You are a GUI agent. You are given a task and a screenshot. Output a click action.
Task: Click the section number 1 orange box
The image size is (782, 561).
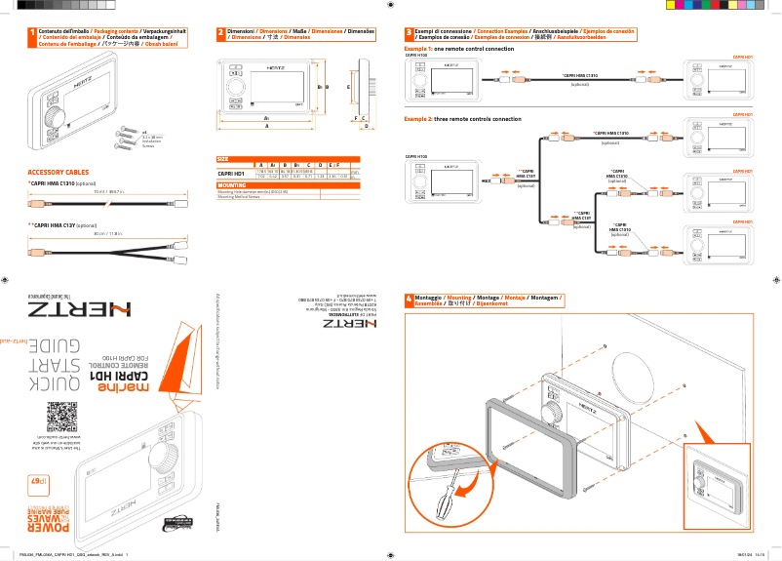(x=31, y=34)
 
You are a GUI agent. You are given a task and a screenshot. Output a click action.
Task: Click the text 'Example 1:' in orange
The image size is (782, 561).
(x=417, y=48)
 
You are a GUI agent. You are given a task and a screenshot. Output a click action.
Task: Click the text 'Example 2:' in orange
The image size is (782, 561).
(x=417, y=119)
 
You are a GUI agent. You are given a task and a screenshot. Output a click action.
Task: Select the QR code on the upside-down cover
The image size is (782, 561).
(x=62, y=417)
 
